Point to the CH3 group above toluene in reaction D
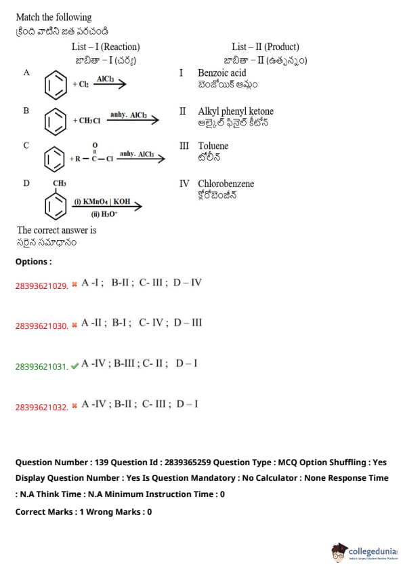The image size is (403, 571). (x=60, y=183)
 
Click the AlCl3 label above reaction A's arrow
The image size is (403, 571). (x=105, y=79)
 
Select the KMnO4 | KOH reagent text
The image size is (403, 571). (x=102, y=201)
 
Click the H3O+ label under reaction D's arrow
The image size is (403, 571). (x=104, y=214)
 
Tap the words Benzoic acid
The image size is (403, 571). (x=222, y=73)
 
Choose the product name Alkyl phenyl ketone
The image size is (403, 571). (x=236, y=111)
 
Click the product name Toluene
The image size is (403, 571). (x=213, y=146)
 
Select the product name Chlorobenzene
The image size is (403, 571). (x=226, y=184)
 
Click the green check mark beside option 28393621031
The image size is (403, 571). (x=75, y=366)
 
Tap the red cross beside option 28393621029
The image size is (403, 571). (x=75, y=284)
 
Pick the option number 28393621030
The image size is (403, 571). (x=42, y=326)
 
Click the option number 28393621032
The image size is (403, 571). (x=42, y=407)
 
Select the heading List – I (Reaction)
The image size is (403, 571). (x=106, y=47)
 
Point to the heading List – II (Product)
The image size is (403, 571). (x=266, y=47)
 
